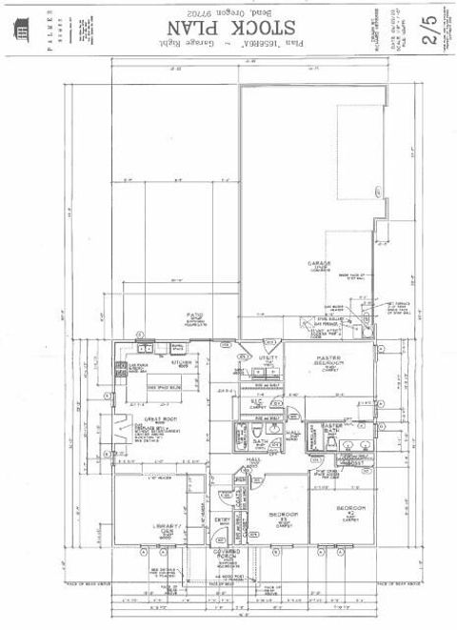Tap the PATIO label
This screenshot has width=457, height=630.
coord(195,315)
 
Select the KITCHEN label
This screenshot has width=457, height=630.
coord(182,363)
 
